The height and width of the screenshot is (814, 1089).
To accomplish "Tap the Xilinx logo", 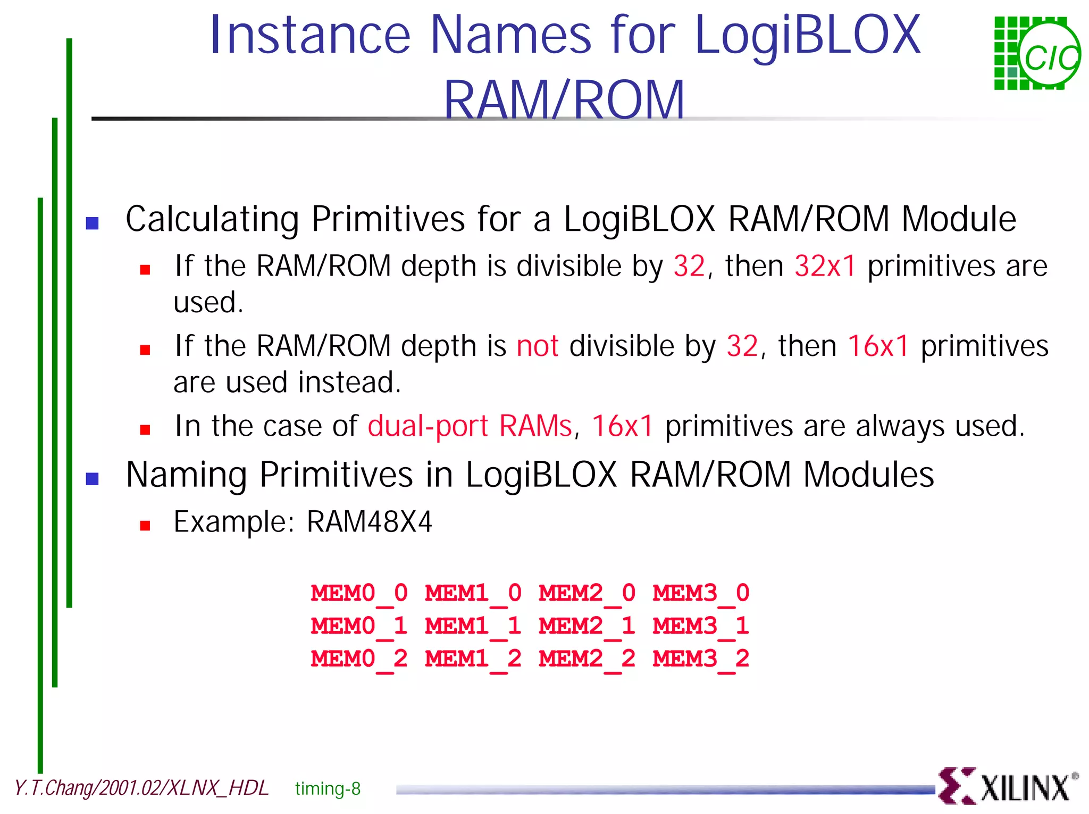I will pos(1007,785).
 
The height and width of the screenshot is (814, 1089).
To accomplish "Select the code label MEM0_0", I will pos(359,593).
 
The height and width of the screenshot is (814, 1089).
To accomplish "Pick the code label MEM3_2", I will pos(701,659).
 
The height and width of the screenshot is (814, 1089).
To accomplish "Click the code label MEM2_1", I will pos(587,626).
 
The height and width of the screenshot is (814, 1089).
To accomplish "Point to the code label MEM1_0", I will pos(473,593).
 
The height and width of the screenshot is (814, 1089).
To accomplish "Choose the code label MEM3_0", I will pos(701,593).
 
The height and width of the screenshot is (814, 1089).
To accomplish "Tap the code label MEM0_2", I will pos(359,659).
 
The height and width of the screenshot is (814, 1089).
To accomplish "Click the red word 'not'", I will pos(537,346).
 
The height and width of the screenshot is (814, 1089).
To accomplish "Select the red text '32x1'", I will pos(825,266).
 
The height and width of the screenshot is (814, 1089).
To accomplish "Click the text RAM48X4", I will pos(369,522).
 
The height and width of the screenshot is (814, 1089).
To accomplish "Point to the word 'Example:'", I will pos(234,522).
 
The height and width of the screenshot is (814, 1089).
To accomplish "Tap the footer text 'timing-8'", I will pos(328,788).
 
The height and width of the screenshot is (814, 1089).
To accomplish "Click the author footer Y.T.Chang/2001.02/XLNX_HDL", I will pos(141,788).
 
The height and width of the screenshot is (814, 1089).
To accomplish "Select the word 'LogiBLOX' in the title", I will pos(807,35).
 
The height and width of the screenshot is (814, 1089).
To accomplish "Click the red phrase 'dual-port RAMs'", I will pos(470,426).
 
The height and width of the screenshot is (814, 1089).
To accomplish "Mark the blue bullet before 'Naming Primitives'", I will pos(93,479).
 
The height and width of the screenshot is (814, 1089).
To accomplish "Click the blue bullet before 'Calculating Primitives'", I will pos(93,223).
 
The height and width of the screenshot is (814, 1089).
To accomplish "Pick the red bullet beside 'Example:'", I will pos(145,526).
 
